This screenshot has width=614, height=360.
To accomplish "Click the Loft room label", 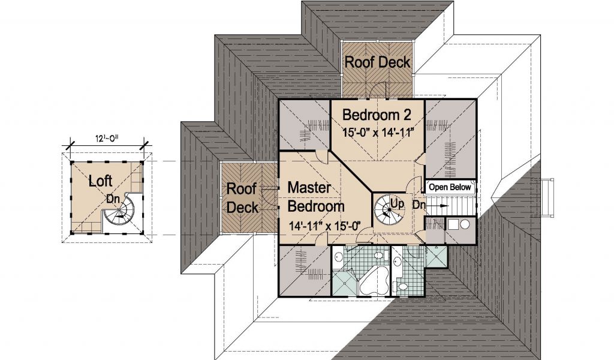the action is (x=100, y=181).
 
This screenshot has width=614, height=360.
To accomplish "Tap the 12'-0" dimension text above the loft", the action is (x=107, y=138).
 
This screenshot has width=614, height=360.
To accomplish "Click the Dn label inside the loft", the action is (x=113, y=199).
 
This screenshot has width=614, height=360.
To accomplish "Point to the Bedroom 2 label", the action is (x=377, y=115).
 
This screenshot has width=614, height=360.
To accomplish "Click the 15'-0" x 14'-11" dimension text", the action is (x=378, y=133).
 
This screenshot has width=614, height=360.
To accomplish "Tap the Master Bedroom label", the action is (x=315, y=197).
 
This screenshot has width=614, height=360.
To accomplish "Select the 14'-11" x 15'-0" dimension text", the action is (x=324, y=226).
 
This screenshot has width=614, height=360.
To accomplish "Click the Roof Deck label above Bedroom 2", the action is (x=377, y=62).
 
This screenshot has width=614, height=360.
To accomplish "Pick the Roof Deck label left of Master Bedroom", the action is (x=242, y=198).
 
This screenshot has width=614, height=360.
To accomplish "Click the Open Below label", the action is (x=450, y=187).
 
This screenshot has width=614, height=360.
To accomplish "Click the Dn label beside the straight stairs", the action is (x=419, y=205).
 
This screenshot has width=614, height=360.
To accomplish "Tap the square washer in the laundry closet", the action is (x=453, y=224).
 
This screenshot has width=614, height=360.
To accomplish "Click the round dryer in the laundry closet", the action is (x=465, y=224).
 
